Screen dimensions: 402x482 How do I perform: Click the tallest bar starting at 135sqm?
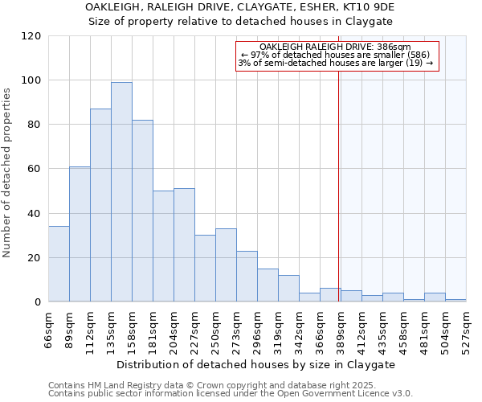[x=121, y=192]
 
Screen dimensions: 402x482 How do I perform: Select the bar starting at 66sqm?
[x=59, y=265]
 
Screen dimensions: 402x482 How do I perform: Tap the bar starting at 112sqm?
[x=100, y=205]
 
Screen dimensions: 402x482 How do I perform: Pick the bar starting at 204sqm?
[x=184, y=245]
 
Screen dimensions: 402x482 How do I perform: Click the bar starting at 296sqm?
[x=268, y=285]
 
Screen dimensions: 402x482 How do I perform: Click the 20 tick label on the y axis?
[x=35, y=258]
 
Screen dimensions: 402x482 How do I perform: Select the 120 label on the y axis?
[x=32, y=36]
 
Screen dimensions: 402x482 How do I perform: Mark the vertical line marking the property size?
[x=338, y=185]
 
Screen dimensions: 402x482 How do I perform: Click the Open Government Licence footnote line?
[x=231, y=394]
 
